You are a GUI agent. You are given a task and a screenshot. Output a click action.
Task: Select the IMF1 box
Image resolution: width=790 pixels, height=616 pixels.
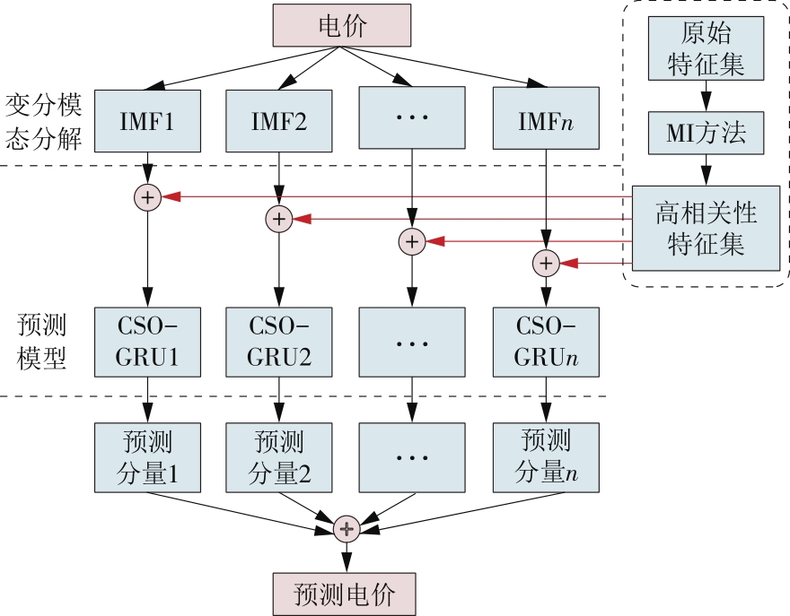coord(146,120)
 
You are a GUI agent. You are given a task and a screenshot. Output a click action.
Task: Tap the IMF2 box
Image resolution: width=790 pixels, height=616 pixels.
coord(278,120)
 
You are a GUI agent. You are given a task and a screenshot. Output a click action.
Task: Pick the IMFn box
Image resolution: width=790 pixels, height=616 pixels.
coord(546,120)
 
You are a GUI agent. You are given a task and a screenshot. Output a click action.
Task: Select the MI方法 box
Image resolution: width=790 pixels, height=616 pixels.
coord(707,134)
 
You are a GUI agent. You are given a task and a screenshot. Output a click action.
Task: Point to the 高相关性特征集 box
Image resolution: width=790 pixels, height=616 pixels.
coord(707,229)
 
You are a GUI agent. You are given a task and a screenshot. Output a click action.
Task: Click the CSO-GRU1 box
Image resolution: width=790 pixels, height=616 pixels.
coord(146,342)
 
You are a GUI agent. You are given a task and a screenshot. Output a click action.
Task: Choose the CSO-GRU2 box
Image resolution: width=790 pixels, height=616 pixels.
coord(278,342)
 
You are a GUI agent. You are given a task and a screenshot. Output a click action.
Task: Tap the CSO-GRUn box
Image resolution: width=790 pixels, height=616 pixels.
coord(546,342)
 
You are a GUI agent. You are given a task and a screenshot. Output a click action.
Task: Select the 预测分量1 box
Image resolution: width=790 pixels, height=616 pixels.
coord(146,457)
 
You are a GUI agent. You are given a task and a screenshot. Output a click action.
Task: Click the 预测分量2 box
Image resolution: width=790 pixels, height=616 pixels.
coord(278,457)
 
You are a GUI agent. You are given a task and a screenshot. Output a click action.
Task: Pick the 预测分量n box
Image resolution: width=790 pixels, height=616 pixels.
coord(546,457)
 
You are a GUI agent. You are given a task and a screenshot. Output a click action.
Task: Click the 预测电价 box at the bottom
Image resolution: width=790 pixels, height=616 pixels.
coord(344,594)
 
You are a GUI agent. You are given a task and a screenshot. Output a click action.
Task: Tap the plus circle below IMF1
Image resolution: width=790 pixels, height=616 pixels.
coord(147,197)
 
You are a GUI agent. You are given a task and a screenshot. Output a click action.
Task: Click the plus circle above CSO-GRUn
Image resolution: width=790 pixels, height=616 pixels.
coord(546,264)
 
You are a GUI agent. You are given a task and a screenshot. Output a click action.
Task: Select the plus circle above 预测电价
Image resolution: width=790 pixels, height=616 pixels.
coord(346,529)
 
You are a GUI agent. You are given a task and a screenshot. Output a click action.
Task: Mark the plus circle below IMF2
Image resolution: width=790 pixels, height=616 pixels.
coord(279,218)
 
